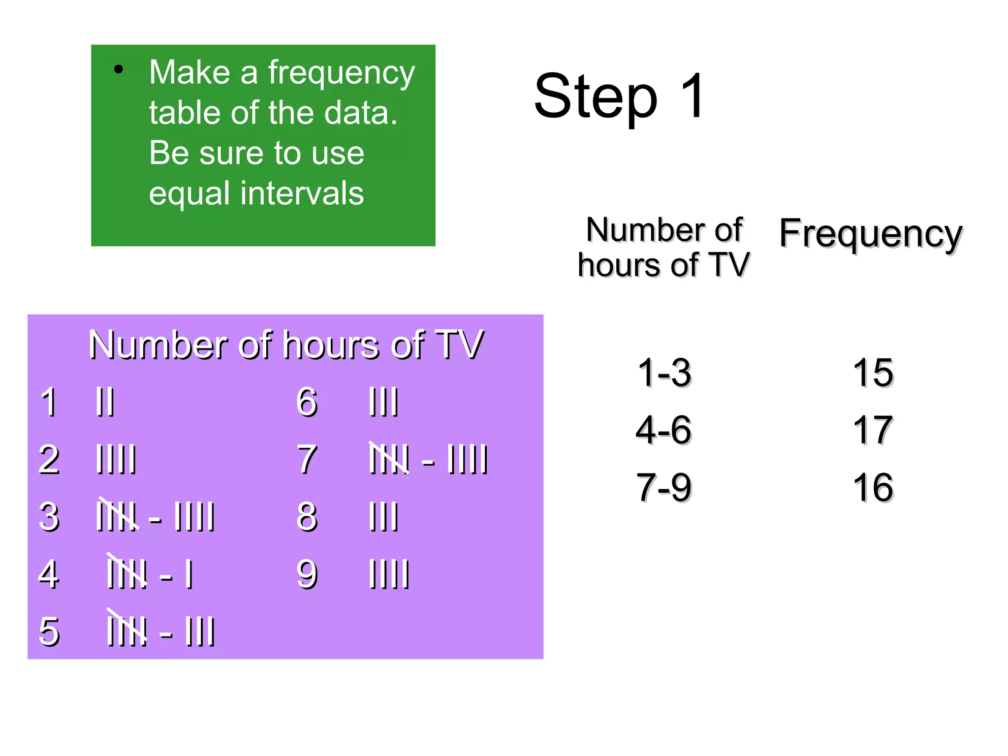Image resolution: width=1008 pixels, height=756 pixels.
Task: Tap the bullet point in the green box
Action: (x=118, y=69)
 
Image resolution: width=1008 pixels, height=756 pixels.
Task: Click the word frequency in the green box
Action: (x=341, y=74)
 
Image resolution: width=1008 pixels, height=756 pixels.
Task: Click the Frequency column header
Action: (x=870, y=234)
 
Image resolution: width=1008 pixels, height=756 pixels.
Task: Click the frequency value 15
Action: (x=873, y=373)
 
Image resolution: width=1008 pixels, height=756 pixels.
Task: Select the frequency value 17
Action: (x=873, y=430)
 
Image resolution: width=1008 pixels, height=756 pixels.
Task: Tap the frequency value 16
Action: (x=873, y=487)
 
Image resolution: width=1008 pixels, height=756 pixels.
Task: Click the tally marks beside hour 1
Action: (x=105, y=402)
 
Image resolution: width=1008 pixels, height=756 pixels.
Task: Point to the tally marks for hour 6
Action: (x=383, y=402)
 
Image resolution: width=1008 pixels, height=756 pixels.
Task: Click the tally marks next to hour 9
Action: (x=389, y=574)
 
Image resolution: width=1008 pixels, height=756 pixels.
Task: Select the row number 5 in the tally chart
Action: (x=49, y=631)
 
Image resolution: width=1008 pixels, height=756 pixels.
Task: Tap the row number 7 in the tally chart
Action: (x=307, y=459)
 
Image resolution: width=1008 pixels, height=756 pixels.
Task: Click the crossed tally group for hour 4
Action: (x=126, y=572)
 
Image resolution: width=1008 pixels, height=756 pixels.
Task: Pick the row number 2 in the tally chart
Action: (x=49, y=459)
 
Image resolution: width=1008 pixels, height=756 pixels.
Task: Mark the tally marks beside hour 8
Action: (x=383, y=517)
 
